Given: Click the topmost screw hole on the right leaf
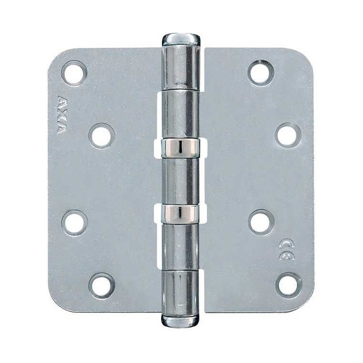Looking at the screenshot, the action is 261,72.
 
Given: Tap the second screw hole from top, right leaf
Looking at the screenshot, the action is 288,136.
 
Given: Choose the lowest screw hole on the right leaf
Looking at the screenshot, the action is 288,285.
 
